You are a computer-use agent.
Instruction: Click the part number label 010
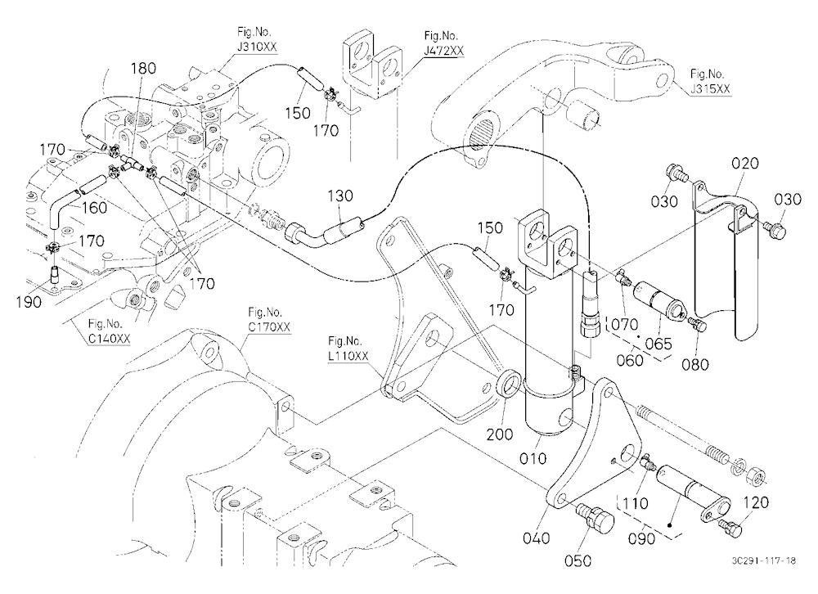[x=533, y=458]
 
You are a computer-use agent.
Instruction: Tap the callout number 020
[x=745, y=164]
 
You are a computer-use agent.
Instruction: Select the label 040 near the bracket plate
[x=536, y=538]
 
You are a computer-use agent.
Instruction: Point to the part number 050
[x=578, y=560]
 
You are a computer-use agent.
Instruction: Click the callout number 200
[x=499, y=434]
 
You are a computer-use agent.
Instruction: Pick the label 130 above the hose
[x=340, y=196]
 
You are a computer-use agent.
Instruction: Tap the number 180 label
[x=143, y=69]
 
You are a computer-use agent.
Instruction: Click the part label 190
[x=28, y=302]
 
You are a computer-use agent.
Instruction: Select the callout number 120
[x=755, y=502]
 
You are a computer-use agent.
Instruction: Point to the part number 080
[x=694, y=364]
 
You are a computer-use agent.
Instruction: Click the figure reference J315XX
[x=710, y=88]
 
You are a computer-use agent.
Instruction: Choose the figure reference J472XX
[x=443, y=51]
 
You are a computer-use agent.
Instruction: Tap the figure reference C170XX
[x=269, y=327]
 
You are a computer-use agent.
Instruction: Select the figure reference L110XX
[x=348, y=356]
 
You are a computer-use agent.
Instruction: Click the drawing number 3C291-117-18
[x=764, y=560]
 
